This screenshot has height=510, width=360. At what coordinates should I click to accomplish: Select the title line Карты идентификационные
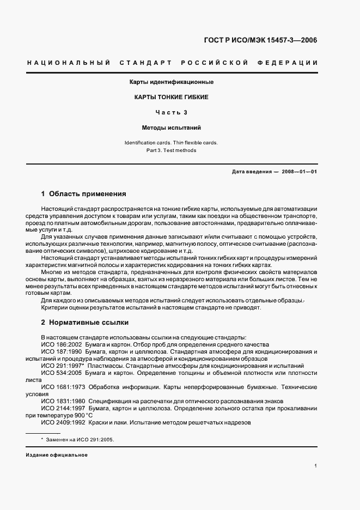[x=171, y=82]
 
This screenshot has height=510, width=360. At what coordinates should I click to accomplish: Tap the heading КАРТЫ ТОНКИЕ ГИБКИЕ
[x=171, y=98]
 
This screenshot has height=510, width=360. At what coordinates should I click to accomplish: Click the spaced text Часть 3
[x=171, y=113]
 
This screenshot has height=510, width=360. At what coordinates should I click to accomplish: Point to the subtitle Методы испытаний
[x=171, y=128]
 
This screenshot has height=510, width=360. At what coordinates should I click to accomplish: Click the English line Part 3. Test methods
[x=171, y=150]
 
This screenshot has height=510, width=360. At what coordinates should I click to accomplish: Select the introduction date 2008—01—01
[x=299, y=172]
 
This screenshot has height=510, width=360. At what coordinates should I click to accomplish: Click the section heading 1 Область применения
[x=84, y=193]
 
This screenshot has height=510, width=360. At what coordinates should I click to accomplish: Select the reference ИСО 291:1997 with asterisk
[x=63, y=366]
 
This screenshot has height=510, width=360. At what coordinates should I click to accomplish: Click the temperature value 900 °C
[x=80, y=415]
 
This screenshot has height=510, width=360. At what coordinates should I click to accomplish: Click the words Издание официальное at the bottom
[x=57, y=454]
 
